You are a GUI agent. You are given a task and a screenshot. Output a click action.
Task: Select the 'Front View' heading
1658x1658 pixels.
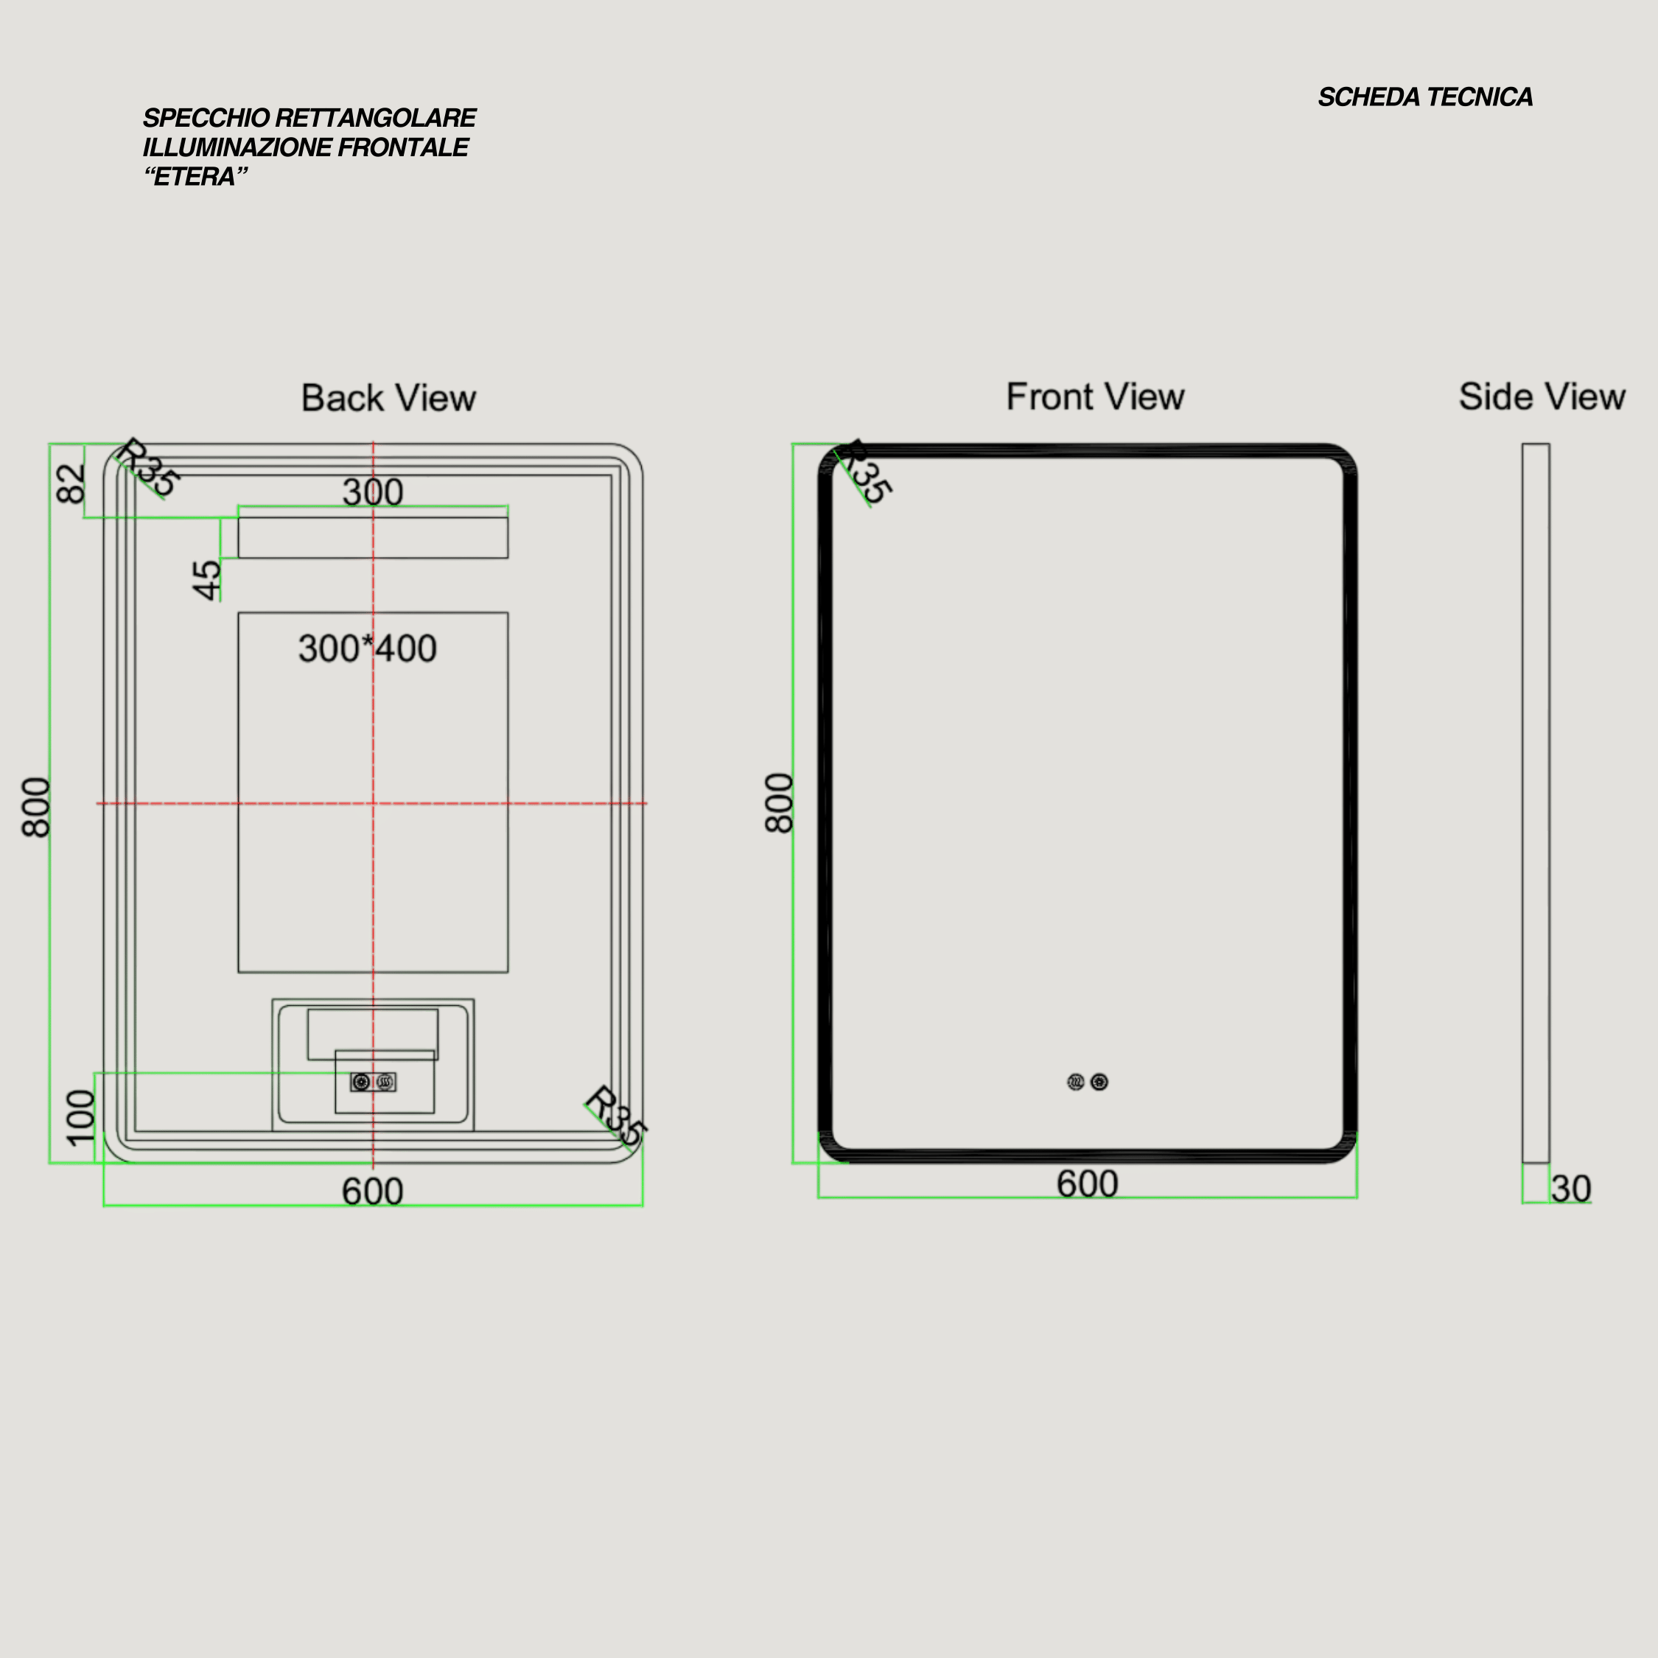click(1095, 396)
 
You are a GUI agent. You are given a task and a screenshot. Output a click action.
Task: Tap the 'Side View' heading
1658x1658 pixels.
click(1542, 396)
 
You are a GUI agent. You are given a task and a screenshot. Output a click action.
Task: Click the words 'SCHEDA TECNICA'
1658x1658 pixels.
click(1425, 97)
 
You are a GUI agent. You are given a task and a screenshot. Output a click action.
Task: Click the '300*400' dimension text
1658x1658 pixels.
click(367, 648)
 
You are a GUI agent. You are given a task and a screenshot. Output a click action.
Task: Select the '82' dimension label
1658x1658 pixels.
click(71, 483)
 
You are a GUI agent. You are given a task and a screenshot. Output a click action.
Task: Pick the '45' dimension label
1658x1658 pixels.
click(207, 580)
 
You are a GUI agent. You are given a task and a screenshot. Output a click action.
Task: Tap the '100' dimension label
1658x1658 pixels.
click(80, 1117)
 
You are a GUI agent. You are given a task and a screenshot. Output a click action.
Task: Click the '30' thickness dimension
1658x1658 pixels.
click(1571, 1189)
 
